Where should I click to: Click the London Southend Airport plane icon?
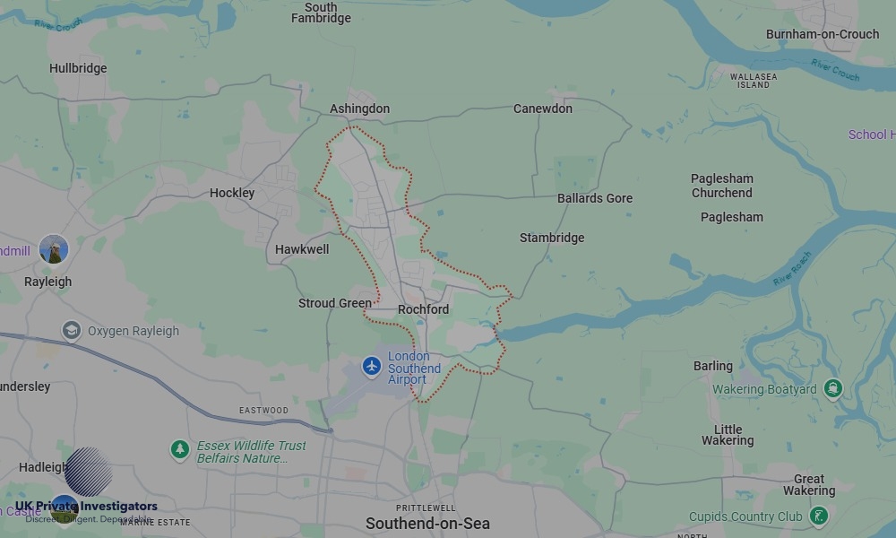tap(372, 366)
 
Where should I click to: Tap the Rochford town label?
tap(423, 309)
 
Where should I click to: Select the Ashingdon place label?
tap(359, 108)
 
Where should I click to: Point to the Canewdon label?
tap(542, 108)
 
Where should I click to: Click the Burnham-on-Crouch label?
tap(822, 34)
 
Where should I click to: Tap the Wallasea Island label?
tap(754, 81)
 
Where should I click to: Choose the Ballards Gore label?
tap(594, 198)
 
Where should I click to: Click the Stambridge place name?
tap(551, 238)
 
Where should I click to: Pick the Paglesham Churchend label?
tap(721, 186)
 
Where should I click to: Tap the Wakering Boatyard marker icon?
tap(834, 389)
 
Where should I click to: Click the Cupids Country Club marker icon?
tap(818, 516)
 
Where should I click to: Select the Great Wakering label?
tap(808, 485)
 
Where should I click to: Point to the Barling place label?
tap(712, 366)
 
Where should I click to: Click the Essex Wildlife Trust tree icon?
tap(180, 447)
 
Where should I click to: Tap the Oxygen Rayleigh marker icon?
tap(72, 331)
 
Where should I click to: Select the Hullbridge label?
tap(78, 68)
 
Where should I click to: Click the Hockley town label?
tap(232, 193)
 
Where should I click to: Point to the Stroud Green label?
tap(334, 303)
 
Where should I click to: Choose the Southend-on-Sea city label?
tap(427, 523)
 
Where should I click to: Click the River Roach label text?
tap(791, 269)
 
